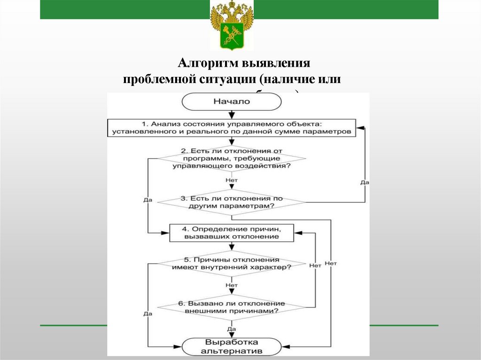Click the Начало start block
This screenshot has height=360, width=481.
coord(231,101)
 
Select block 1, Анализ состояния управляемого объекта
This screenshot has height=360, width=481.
coord(231,128)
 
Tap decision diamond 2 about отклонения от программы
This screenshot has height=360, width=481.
coord(231,159)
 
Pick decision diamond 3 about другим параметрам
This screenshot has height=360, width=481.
coord(231,202)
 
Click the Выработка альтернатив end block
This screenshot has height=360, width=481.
coord(231,346)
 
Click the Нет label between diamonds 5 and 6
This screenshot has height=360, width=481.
coord(231,285)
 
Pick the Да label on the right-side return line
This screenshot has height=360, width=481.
coord(365,182)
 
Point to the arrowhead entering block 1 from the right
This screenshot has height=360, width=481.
coord(358,127)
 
